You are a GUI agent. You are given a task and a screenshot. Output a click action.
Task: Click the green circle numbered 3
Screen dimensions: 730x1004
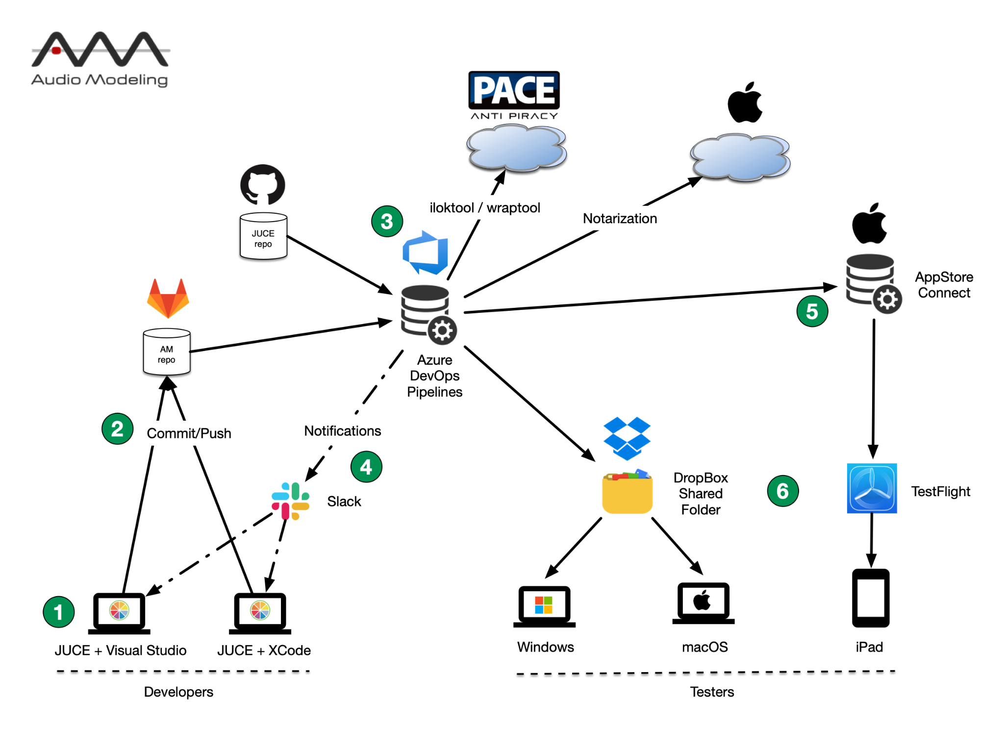387,221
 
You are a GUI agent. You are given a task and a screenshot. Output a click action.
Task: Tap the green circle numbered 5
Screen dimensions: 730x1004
812,311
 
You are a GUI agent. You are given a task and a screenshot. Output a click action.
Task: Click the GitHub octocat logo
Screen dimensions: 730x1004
263,185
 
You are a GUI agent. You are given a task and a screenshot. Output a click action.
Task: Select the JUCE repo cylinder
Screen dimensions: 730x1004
263,236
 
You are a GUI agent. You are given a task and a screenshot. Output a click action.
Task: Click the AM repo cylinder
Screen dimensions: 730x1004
167,352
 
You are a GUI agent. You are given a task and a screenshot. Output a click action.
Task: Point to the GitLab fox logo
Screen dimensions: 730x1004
168,298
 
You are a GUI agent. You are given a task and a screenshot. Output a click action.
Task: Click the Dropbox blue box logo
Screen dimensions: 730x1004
627,438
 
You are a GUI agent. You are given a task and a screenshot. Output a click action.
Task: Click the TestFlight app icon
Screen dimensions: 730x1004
872,488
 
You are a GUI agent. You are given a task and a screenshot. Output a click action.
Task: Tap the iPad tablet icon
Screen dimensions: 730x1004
871,598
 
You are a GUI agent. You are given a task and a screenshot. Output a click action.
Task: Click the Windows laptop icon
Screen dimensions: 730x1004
544,606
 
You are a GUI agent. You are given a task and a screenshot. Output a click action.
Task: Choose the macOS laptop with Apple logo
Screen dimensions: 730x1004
703,603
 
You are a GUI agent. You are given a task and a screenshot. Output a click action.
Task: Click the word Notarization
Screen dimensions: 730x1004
620,219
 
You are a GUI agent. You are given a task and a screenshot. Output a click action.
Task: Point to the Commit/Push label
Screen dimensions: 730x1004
189,433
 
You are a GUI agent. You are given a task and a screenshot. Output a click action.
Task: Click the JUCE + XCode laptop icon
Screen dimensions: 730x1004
260,613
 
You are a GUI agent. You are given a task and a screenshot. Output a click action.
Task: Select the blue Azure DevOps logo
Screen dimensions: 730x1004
426,253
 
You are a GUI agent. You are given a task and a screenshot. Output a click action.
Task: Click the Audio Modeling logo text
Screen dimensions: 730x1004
100,80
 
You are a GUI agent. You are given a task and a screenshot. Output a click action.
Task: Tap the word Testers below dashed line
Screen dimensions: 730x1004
712,692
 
